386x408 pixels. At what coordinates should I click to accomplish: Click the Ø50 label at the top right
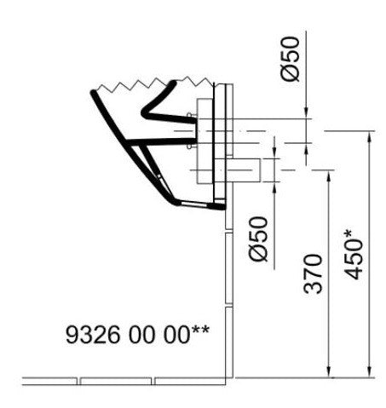point(290,59)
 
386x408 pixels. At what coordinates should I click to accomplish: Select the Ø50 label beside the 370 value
point(258,238)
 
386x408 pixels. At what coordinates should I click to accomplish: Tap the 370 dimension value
point(313,274)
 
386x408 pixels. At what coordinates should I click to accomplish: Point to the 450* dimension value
point(353,254)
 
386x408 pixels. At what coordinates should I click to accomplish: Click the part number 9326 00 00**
point(137,334)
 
